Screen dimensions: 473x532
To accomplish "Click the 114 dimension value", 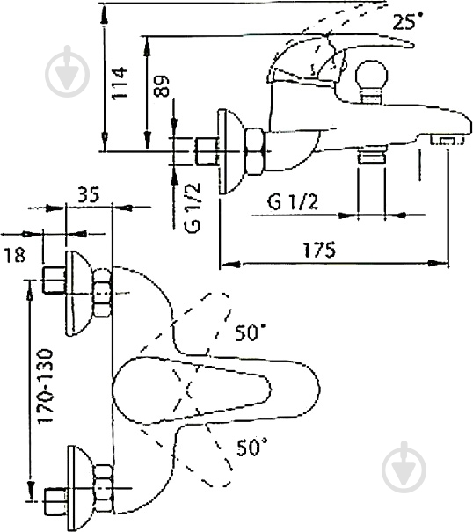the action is click(x=119, y=84).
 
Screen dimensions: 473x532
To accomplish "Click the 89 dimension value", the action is click(x=161, y=86).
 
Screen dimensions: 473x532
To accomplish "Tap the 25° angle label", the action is click(x=408, y=21).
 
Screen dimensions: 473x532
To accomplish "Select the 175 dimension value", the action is click(x=319, y=250).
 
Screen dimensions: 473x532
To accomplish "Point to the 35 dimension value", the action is click(x=89, y=194).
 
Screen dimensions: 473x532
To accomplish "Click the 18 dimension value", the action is click(x=15, y=255).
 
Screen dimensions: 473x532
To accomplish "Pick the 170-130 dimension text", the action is click(x=45, y=386).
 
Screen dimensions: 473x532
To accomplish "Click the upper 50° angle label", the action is click(x=251, y=332).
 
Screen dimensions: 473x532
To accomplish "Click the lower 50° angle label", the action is click(x=252, y=447).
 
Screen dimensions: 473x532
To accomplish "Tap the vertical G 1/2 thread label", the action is click(x=193, y=208).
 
